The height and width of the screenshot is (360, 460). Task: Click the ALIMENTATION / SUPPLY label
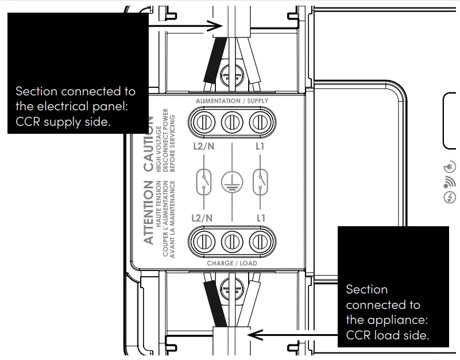point(231,101)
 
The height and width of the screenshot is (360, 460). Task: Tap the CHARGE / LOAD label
point(231,263)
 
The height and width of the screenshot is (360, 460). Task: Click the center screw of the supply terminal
point(231,122)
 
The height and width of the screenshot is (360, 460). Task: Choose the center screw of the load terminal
point(231,240)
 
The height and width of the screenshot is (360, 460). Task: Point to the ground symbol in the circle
point(232,183)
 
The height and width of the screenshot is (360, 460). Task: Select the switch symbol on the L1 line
point(261,181)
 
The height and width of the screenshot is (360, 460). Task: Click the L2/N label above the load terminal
point(202,218)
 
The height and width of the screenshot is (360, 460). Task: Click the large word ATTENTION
point(148,212)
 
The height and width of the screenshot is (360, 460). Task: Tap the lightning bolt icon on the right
point(450,198)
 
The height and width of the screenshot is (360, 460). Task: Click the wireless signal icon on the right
point(450,183)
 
